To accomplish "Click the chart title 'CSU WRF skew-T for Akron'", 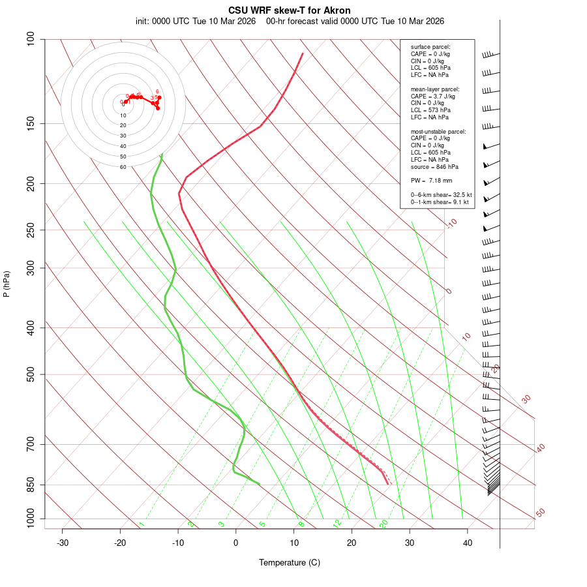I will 289,10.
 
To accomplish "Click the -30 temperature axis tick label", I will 63,543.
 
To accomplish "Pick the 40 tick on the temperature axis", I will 468,543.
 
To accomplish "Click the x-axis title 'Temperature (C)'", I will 290,562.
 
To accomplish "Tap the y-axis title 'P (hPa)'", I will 7,284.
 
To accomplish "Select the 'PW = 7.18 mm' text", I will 431,180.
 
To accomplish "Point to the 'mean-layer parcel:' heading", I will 435,89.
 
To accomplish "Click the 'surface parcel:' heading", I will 430,46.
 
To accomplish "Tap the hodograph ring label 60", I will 123,167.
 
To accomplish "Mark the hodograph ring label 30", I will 123,136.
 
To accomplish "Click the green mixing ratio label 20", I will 384,524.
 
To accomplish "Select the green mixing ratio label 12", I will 337,524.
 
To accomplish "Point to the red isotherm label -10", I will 451,223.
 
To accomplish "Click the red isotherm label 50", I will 540,513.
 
